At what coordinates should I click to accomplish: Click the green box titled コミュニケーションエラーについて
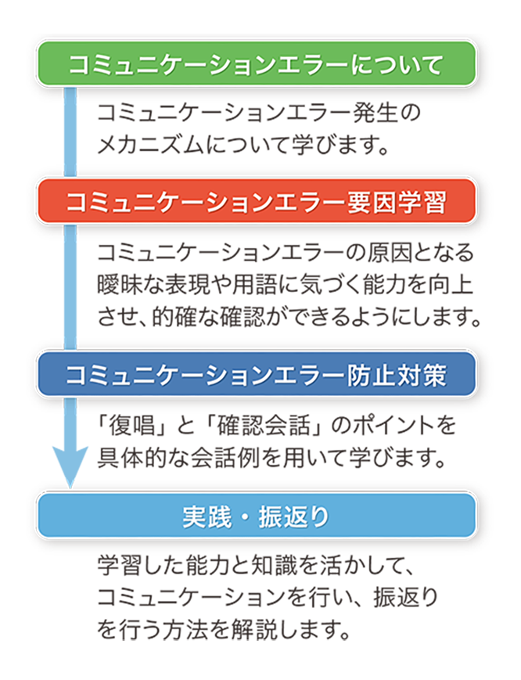(x=256, y=63)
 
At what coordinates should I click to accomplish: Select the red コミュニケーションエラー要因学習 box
(x=256, y=201)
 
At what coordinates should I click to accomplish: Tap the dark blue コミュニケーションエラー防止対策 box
(x=256, y=374)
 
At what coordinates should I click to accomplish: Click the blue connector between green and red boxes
(x=70, y=132)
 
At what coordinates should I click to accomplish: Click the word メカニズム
(x=150, y=145)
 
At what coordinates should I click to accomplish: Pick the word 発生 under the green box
(x=375, y=113)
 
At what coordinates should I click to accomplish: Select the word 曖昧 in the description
(x=120, y=285)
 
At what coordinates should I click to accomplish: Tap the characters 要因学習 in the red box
(x=397, y=202)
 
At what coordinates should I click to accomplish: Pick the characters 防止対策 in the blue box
(x=397, y=374)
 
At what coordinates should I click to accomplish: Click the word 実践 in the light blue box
(x=207, y=516)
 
